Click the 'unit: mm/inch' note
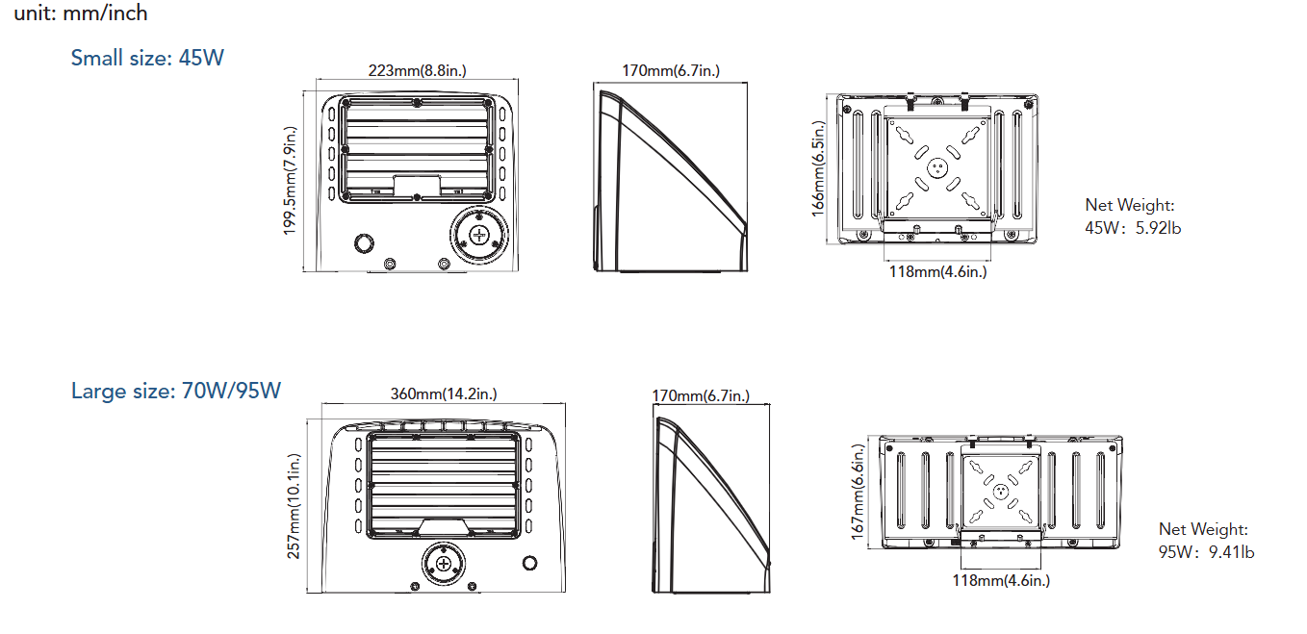81,13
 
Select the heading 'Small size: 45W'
147,58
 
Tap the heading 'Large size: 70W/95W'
176,391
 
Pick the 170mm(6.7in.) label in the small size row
671,70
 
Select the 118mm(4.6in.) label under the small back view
937,271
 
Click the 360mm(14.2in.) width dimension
444,393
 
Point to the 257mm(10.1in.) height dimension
295,506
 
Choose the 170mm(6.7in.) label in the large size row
701,396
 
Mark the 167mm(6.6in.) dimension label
859,491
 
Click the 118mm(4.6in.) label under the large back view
1001,580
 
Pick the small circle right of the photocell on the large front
529,563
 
